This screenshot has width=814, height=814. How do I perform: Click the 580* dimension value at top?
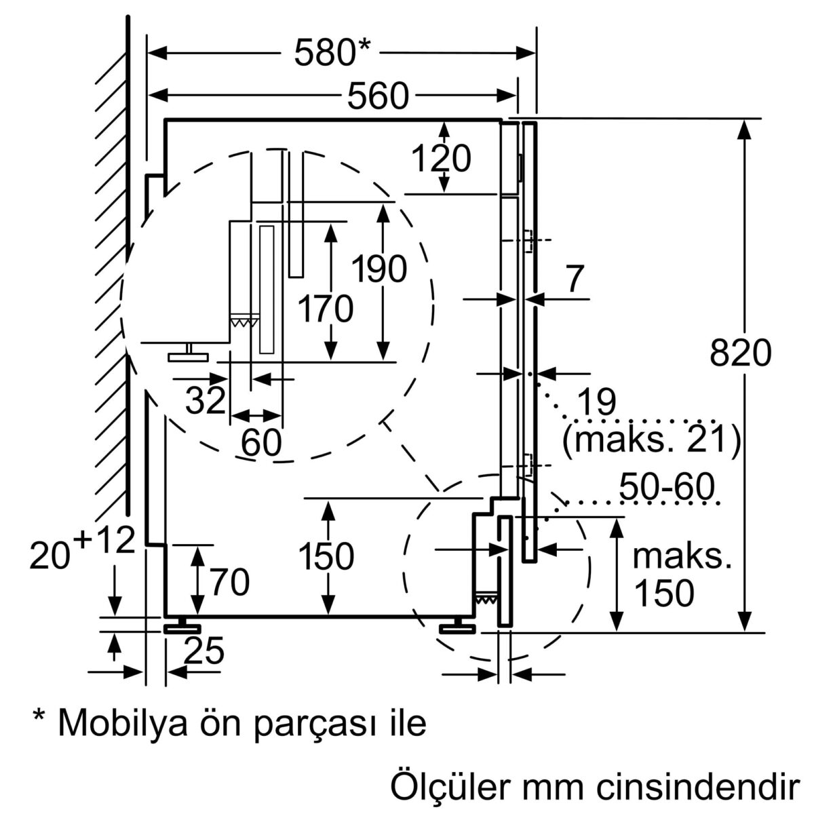click(332, 53)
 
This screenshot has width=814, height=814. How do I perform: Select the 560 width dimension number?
click(379, 96)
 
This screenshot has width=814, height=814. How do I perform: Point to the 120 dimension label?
click(441, 159)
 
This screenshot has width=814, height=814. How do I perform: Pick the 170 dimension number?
click(326, 309)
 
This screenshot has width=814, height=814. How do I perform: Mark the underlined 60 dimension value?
click(261, 443)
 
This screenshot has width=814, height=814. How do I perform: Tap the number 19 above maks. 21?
click(596, 403)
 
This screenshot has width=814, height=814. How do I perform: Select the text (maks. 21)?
click(651, 439)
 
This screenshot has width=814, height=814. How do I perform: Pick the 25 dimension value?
click(204, 652)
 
